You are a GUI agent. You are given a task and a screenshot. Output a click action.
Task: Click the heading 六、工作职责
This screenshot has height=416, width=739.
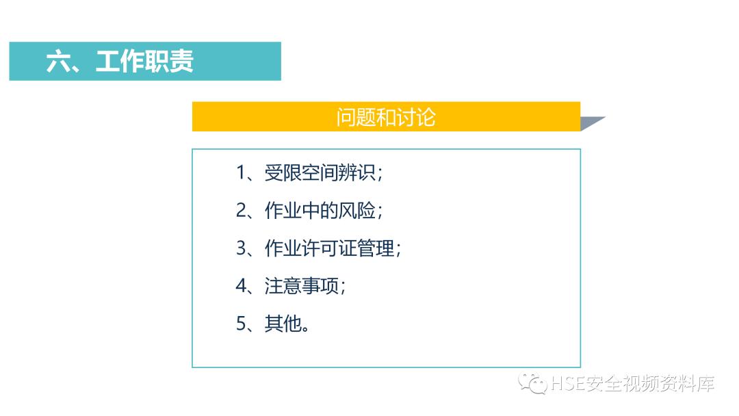coord(120,62)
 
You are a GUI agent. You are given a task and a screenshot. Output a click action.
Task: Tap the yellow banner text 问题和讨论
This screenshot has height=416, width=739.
coord(386,117)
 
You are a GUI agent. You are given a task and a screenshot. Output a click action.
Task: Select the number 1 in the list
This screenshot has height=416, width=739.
coord(241,173)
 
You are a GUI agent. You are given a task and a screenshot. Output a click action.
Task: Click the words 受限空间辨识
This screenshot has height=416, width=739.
coord(320,173)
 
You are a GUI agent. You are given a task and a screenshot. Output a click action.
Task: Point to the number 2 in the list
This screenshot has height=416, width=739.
coord(241,211)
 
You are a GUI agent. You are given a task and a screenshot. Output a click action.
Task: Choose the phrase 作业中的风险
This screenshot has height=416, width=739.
coord(320,211)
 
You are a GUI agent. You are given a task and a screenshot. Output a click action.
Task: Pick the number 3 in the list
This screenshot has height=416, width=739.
coord(241,248)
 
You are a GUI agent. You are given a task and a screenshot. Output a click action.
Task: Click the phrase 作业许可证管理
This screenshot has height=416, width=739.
coord(330,248)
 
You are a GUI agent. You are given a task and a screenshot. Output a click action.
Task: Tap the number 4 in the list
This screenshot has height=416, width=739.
coord(241,286)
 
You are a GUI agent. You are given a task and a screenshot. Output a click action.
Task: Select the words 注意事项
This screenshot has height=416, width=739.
coord(302,286)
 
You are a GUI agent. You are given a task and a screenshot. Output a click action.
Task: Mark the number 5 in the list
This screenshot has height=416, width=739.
coord(241,324)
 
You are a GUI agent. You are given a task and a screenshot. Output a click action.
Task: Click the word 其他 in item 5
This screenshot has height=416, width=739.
coord(283,324)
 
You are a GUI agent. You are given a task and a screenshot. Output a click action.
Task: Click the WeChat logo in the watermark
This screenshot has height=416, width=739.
coord(532,383)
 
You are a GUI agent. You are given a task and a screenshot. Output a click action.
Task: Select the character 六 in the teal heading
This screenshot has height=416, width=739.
coord(58,62)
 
